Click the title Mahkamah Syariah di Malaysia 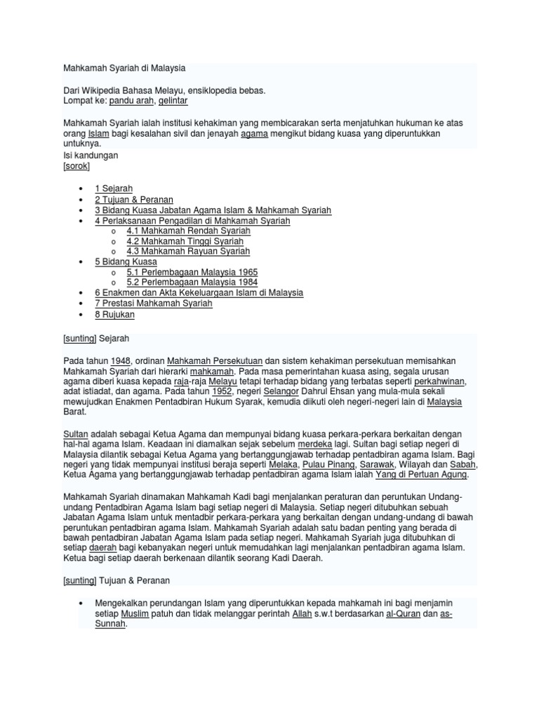pyautogui.click(x=124, y=68)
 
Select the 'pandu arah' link pyautogui.click(x=132, y=101)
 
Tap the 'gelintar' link pyautogui.click(x=173, y=101)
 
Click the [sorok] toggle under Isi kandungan pyautogui.click(x=76, y=166)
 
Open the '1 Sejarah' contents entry pyautogui.click(x=114, y=189)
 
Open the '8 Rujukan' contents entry pyautogui.click(x=114, y=315)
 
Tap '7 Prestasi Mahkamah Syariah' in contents pyautogui.click(x=153, y=304)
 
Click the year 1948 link pyautogui.click(x=121, y=360)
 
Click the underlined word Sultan pyautogui.click(x=76, y=433)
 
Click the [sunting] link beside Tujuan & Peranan pyautogui.click(x=79, y=581)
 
